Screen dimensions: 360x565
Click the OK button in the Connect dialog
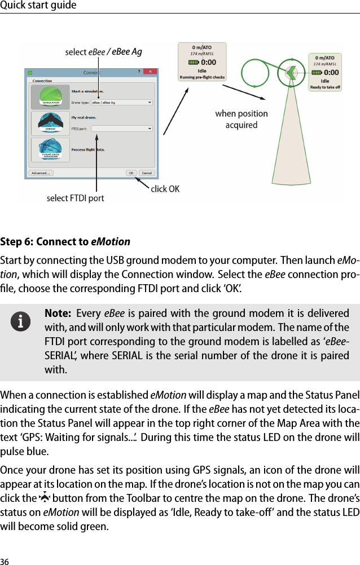click(131, 173)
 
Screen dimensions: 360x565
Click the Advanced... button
click(41, 173)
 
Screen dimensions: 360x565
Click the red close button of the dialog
click(151, 72)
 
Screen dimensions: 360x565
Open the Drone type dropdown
click(121, 103)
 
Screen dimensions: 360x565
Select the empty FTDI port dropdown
click(121, 129)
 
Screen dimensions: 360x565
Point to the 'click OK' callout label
click(165, 189)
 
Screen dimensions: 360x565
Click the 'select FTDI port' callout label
click(75, 198)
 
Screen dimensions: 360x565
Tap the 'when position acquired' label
click(242, 120)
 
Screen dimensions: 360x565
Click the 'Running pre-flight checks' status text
click(202, 77)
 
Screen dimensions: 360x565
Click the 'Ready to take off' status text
click(325, 87)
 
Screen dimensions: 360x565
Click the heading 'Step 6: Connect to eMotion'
click(65, 242)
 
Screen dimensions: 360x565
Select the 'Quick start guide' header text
click(38, 6)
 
